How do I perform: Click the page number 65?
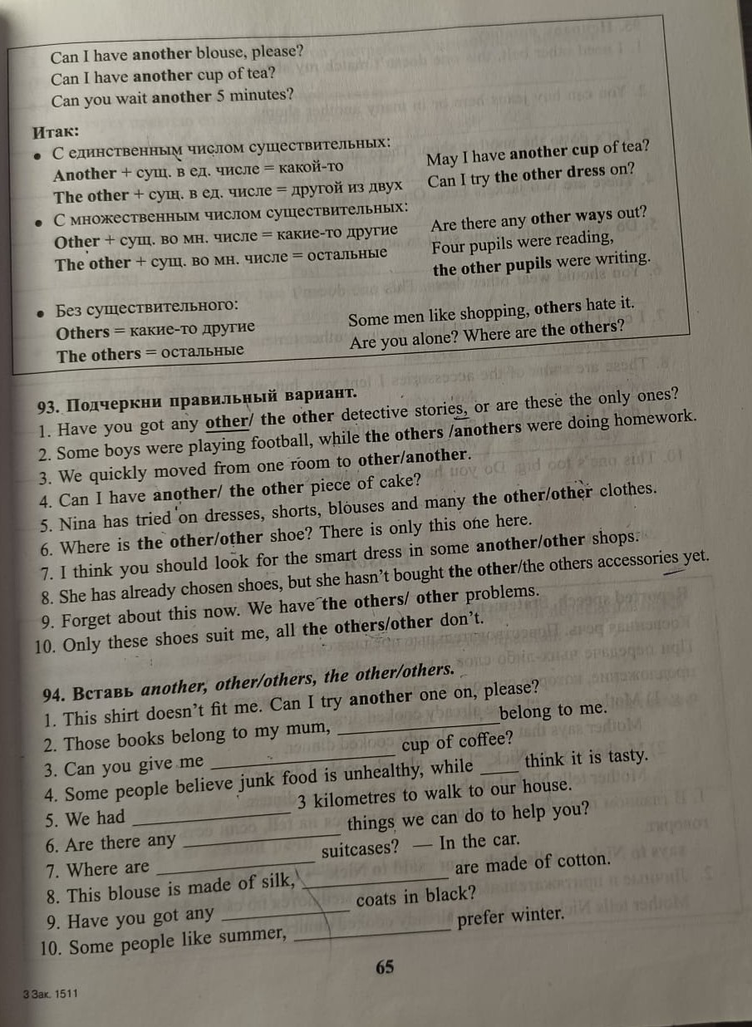(385, 967)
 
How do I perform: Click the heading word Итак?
(56, 131)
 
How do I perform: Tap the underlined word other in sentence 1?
(227, 422)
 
